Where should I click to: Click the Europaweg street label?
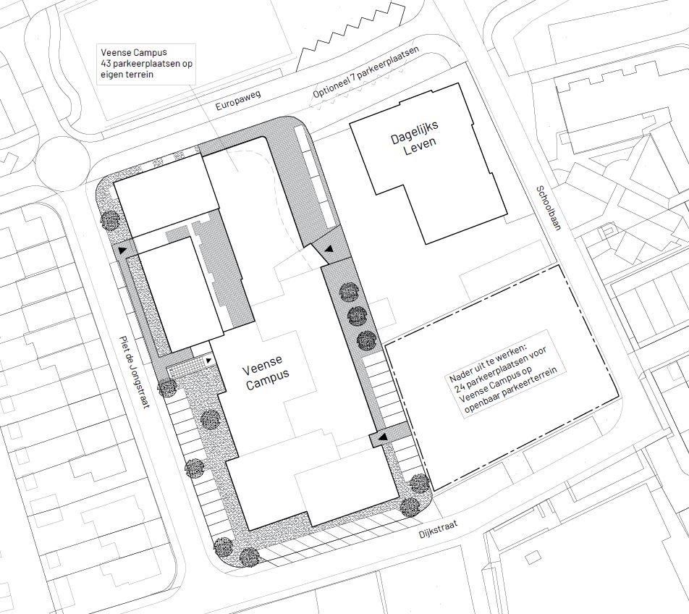(237, 101)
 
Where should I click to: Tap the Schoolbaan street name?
(549, 208)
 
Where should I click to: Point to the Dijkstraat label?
(439, 529)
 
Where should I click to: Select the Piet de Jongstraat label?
(135, 373)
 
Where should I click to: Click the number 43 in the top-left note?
(106, 64)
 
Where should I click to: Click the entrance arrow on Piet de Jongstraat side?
(122, 250)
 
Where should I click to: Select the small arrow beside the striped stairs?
(208, 361)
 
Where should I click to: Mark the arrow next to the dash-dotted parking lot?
(383, 437)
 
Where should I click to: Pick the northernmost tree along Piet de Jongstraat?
(109, 220)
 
